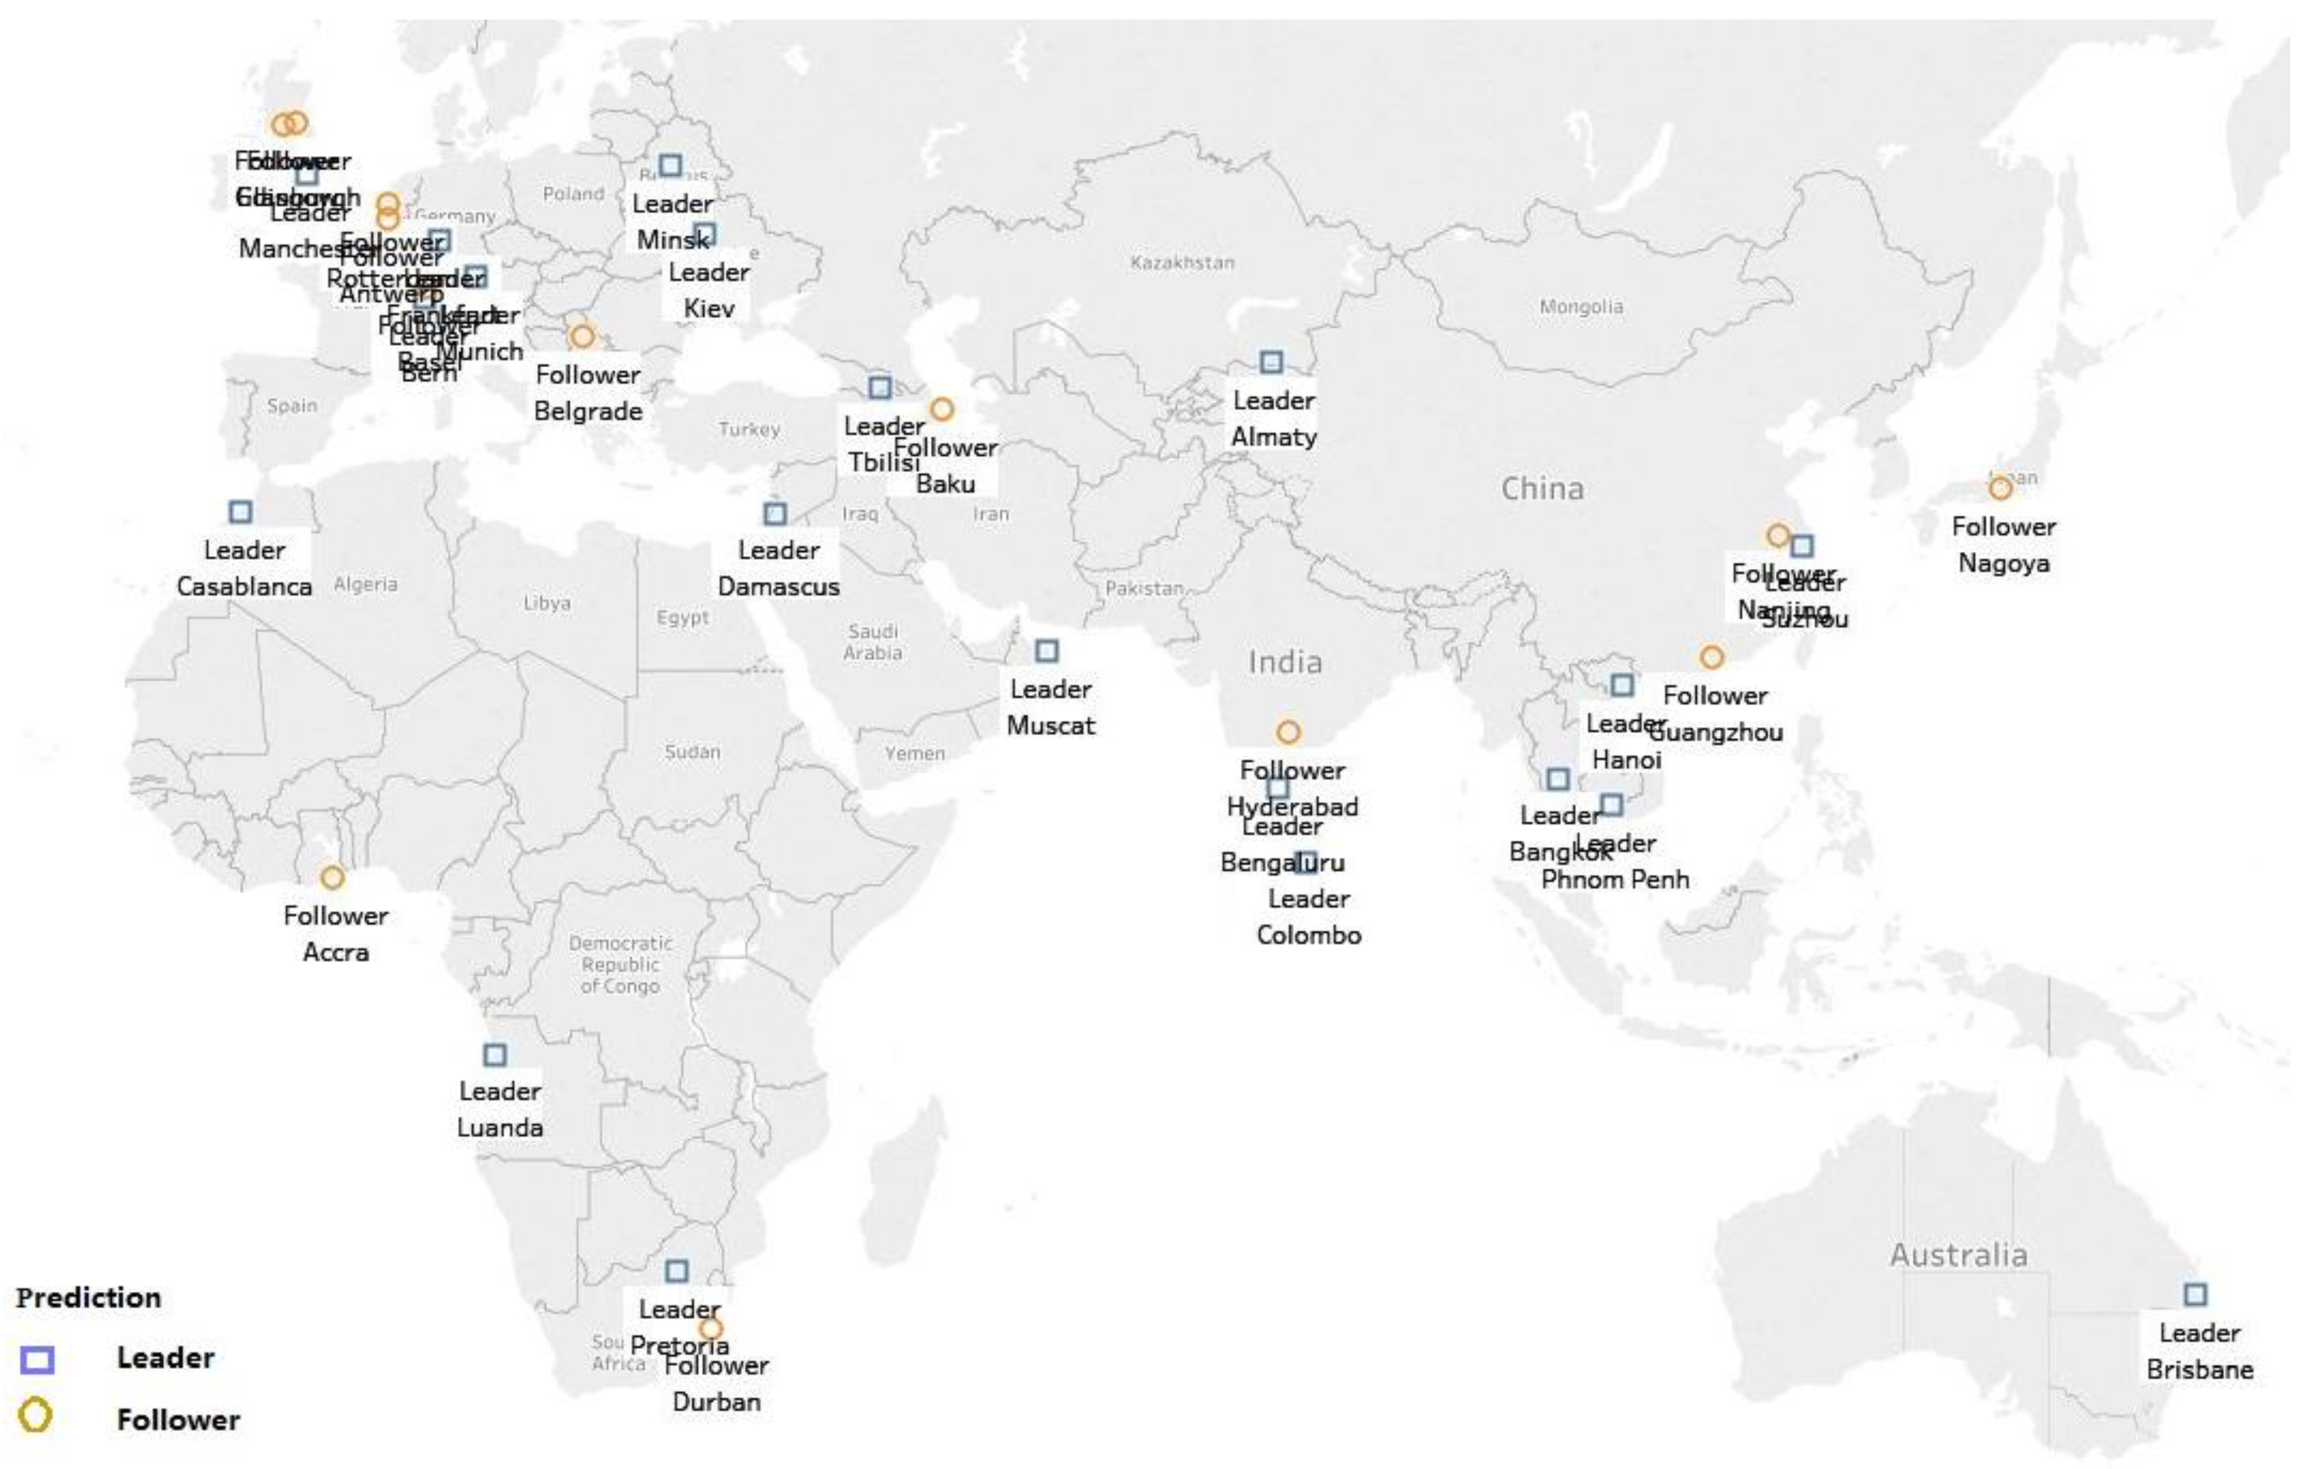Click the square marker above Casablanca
coord(240,512)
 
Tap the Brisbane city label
coord(2199,1369)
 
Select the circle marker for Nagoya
coord(2000,489)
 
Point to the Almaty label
coord(1273,437)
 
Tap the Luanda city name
coord(499,1128)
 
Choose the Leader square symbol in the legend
coord(37,1359)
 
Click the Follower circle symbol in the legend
coord(36,1415)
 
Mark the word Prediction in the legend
coord(88,1297)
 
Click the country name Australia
coord(1958,1254)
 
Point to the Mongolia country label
coord(1581,307)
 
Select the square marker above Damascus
coord(774,514)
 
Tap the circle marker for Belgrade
coord(582,337)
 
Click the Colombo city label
coord(1309,935)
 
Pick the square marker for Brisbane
coord(2195,1295)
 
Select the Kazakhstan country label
coord(1182,262)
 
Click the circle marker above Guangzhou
coord(1712,657)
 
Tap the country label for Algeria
coord(365,584)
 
